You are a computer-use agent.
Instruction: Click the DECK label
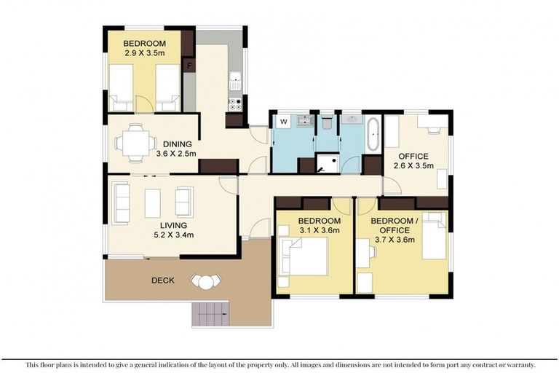pos(163,280)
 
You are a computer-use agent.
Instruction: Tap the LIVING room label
pos(173,226)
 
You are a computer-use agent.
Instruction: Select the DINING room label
pos(177,144)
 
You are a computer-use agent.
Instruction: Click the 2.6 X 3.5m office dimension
pos(413,165)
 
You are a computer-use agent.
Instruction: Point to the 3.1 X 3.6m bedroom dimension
pos(319,230)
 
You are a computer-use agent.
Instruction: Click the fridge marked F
pos(189,66)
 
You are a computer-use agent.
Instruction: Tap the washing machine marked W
pos(284,122)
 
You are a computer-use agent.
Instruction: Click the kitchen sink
pos(235,80)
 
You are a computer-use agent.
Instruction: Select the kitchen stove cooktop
pos(235,103)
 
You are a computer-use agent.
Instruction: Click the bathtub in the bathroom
pos(373,134)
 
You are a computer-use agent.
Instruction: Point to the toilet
pos(326,122)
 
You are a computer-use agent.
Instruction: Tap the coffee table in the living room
pos(153,203)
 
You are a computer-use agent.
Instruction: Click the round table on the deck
pos(206,283)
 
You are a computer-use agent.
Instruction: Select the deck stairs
pos(210,314)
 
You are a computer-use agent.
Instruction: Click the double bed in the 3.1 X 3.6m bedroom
pos(304,256)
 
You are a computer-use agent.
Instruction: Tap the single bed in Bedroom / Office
pos(435,235)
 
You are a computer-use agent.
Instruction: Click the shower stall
pos(327,163)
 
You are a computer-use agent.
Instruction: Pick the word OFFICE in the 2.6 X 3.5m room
pos(413,157)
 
